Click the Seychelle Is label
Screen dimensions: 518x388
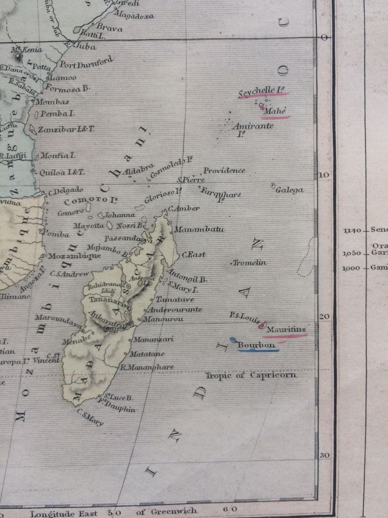pyautogui.click(x=262, y=93)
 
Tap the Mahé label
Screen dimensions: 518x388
pyautogui.click(x=274, y=112)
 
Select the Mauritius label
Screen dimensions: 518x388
pyautogui.click(x=286, y=329)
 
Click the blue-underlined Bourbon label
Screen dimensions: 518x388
pyautogui.click(x=257, y=345)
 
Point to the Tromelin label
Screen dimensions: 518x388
pyautogui.click(x=250, y=263)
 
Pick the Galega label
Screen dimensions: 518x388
pyautogui.click(x=289, y=190)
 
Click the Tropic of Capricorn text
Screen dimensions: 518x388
pyautogui.click(x=251, y=375)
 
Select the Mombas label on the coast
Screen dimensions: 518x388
pyautogui.click(x=52, y=102)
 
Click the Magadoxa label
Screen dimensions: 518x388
pyautogui.click(x=133, y=16)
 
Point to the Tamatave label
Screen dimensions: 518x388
pyautogui.click(x=175, y=299)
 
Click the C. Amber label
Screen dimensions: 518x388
pyautogui.click(x=184, y=208)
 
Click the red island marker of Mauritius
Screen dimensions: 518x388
pyautogui.click(x=263, y=325)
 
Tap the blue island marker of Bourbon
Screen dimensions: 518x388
pyautogui.click(x=233, y=340)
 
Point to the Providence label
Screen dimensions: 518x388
pyautogui.click(x=224, y=170)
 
